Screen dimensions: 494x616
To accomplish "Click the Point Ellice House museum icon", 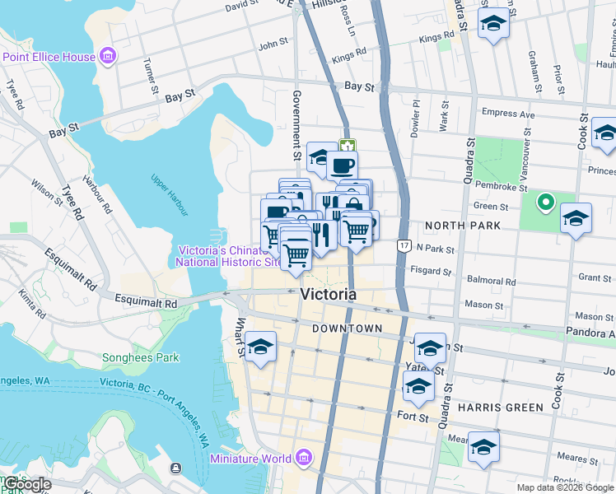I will [x=107, y=56].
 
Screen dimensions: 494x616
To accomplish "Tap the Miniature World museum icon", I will [x=303, y=457].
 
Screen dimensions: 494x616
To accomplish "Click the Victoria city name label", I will [x=329, y=295].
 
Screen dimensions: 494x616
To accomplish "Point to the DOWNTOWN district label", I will [x=347, y=329].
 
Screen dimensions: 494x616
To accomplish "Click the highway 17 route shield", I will [x=403, y=245].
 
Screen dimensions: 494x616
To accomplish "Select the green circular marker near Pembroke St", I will [x=544, y=201].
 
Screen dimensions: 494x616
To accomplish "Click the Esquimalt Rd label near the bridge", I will [x=147, y=303].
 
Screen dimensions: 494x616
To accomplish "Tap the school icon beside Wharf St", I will [x=261, y=347].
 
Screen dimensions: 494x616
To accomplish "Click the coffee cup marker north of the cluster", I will [x=342, y=165].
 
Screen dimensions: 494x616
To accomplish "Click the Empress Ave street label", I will [x=508, y=114].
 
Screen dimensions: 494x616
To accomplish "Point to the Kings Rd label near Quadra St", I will [x=436, y=37].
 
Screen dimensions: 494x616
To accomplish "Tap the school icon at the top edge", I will [x=493, y=22].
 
